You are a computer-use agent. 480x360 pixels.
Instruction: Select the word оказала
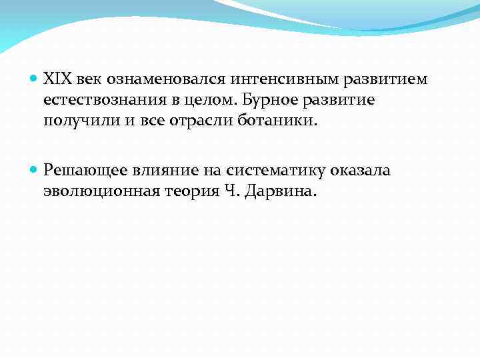coord(359,170)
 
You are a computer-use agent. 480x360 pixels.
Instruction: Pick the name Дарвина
coord(280,192)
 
